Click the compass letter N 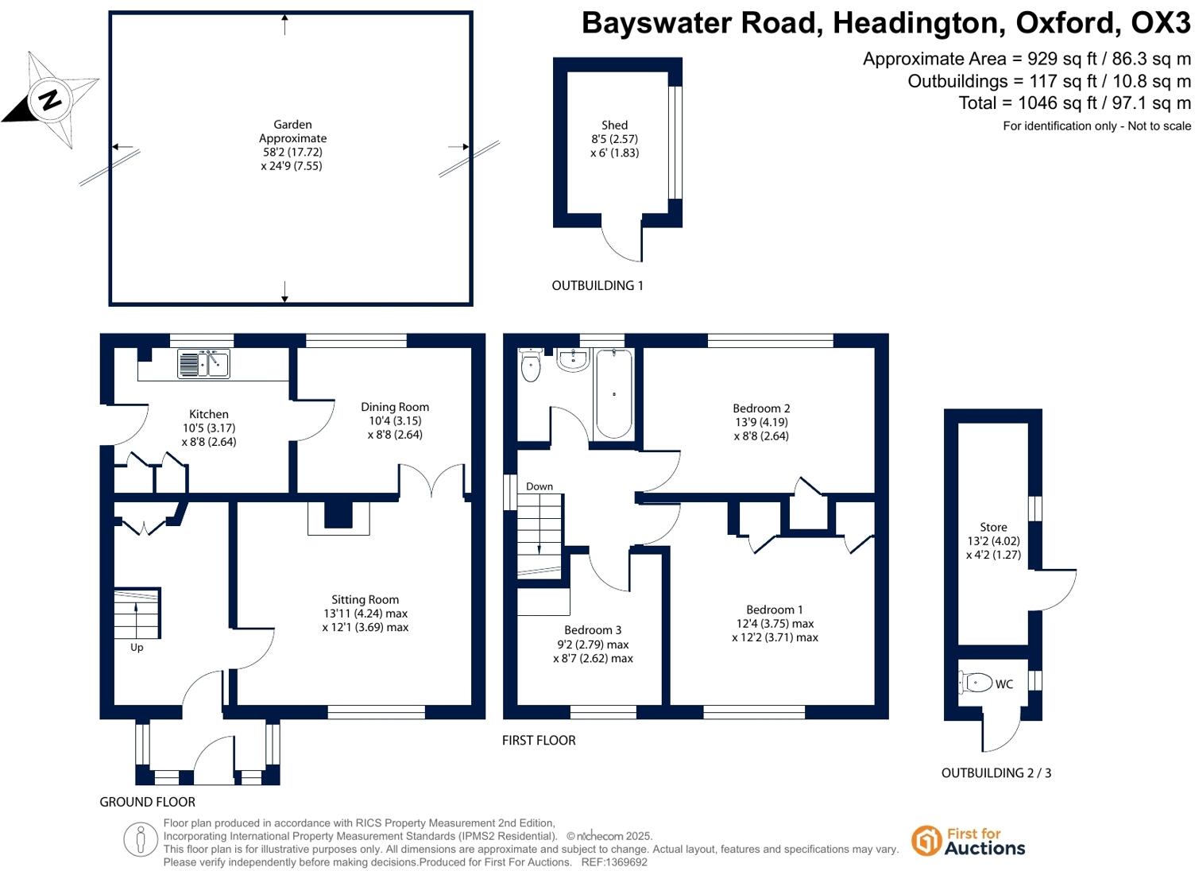point(50,100)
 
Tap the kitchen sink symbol point(203,364)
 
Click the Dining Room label point(395,407)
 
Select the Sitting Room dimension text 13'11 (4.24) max point(365,614)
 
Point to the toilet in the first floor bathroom point(530,366)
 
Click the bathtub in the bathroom point(613,393)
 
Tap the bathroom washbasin point(572,360)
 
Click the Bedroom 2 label point(761,408)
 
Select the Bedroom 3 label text point(593,630)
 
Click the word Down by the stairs point(539,486)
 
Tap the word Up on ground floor point(137,648)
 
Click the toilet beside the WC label point(977,683)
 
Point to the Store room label point(993,527)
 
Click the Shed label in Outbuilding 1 point(614,125)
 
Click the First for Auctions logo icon point(926,841)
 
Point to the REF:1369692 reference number point(614,862)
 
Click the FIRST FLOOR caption point(539,741)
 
